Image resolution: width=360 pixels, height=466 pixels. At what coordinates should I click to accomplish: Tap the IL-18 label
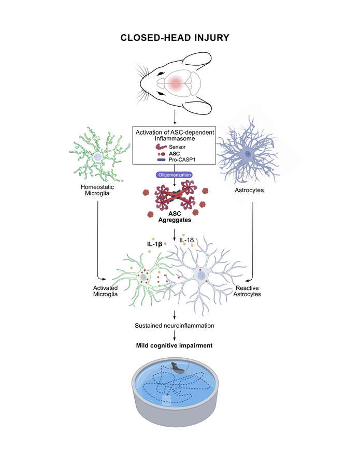[x=190, y=240]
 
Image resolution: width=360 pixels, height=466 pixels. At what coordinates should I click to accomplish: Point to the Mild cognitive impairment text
[x=176, y=345]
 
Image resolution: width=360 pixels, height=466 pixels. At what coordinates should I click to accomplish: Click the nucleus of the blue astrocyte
[x=249, y=154]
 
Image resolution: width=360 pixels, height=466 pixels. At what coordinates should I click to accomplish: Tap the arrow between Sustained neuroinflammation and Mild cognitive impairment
[x=176, y=335]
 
